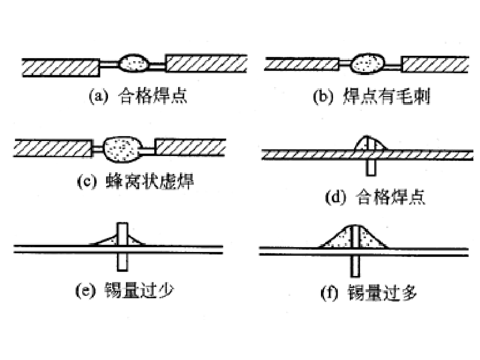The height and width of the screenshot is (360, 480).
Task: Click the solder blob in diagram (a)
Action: pyautogui.click(x=134, y=63)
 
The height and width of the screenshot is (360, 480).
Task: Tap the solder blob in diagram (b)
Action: pyautogui.click(x=367, y=64)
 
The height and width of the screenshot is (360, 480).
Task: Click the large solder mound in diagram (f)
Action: pyautogui.click(x=354, y=236)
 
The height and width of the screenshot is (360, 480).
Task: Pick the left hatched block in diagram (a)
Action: pyautogui.click(x=61, y=67)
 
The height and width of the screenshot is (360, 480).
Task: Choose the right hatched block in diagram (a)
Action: pyautogui.click(x=206, y=64)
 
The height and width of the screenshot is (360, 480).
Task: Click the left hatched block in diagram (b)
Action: pyautogui.click(x=302, y=64)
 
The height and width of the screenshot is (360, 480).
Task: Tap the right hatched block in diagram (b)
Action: pyautogui.click(x=435, y=64)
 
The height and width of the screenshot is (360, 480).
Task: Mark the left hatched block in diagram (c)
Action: pyautogui.click(x=53, y=148)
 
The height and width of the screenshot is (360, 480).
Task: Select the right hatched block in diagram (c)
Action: pyautogui.click(x=190, y=147)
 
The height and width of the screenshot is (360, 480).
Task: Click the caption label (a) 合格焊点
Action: pyautogui.click(x=138, y=95)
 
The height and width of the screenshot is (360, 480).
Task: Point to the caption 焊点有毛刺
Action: pyautogui.click(x=386, y=96)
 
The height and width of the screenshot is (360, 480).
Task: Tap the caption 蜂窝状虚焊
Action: pyautogui.click(x=149, y=181)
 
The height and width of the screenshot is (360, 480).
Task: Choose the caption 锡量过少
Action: pyautogui.click(x=139, y=290)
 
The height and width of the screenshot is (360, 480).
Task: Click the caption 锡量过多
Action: pyautogui.click(x=382, y=292)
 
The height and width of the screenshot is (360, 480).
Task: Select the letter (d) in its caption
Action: pyautogui.click(x=335, y=197)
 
